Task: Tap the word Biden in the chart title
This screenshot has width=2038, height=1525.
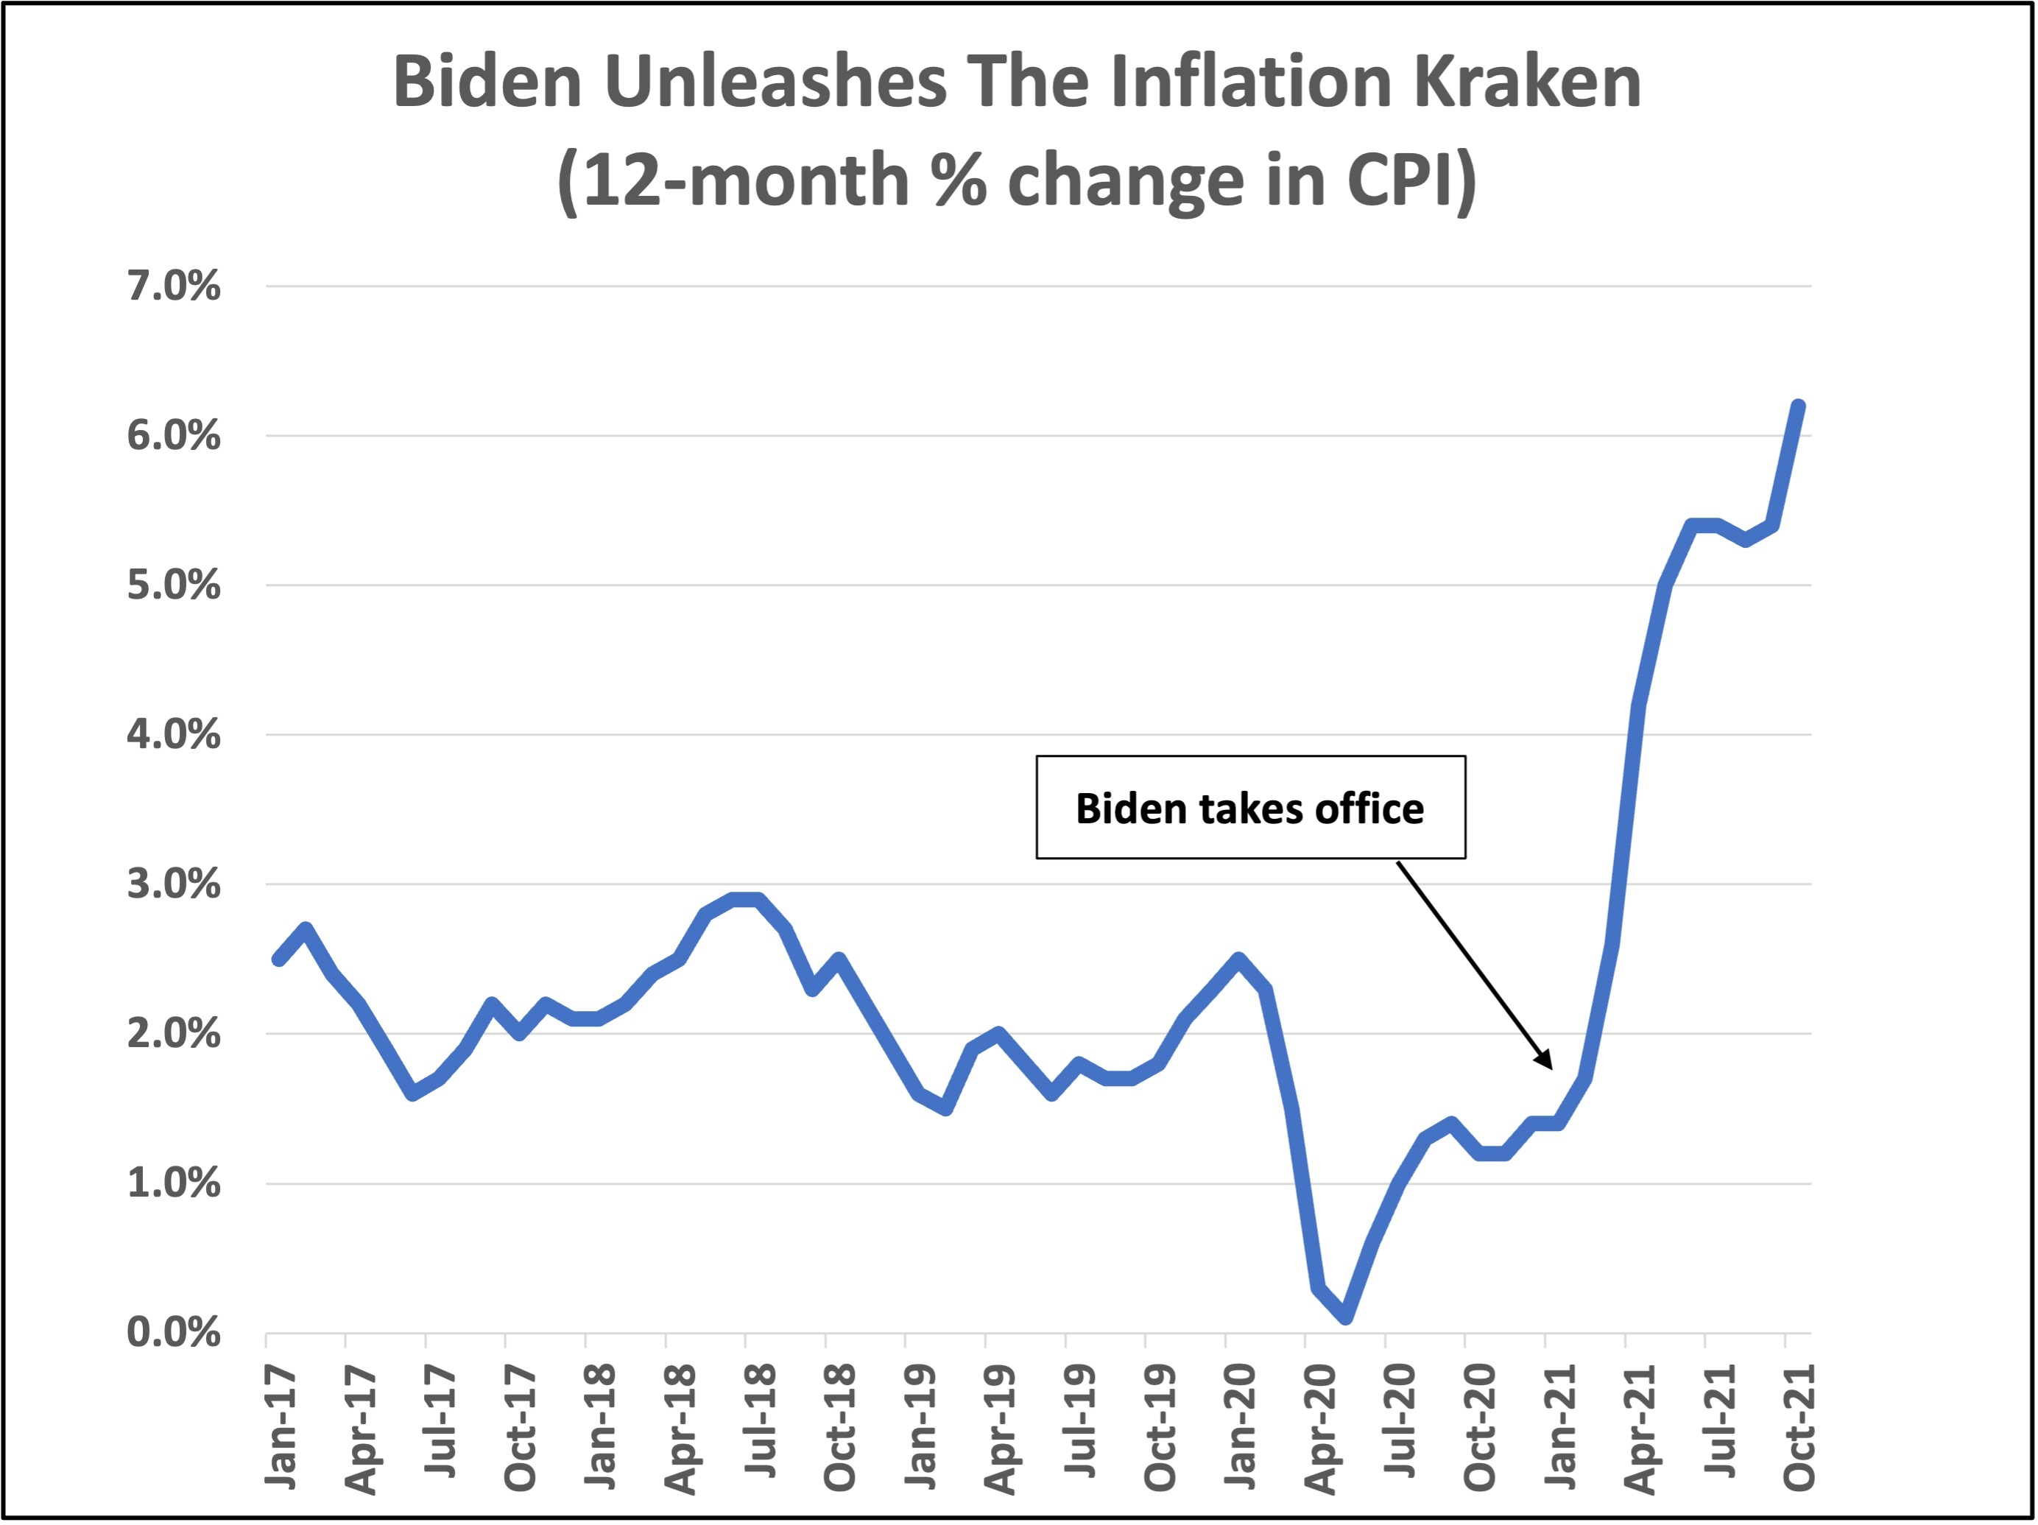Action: (487, 82)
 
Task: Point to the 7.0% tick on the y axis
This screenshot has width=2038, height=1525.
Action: (173, 286)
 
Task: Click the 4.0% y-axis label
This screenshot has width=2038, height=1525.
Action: (173, 736)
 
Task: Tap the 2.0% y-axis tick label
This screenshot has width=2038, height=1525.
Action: (173, 1034)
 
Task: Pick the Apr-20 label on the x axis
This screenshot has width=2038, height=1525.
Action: (1321, 1429)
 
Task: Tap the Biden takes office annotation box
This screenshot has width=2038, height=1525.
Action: (1250, 808)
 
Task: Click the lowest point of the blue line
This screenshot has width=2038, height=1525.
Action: (1346, 1317)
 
